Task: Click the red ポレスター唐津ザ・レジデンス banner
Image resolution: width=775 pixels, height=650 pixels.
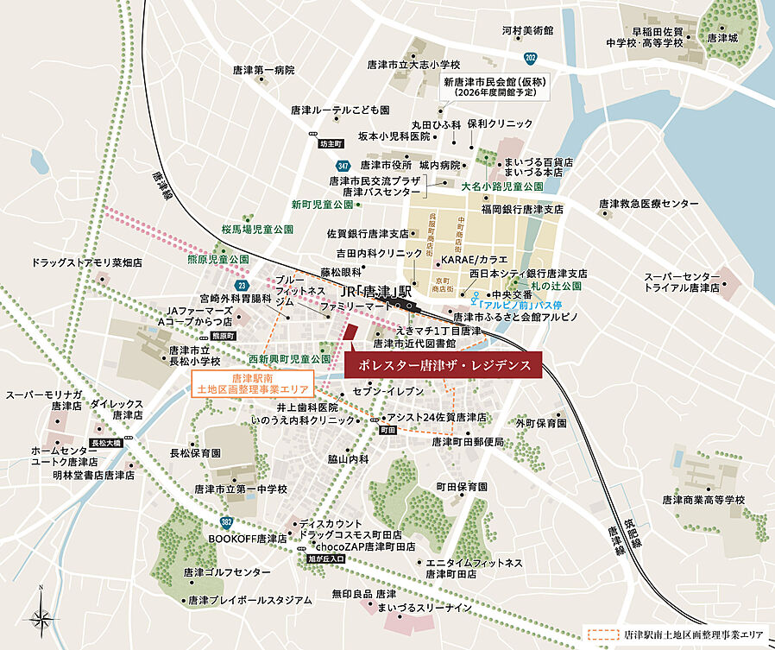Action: [443, 365]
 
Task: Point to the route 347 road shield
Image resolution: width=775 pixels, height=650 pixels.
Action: [343, 164]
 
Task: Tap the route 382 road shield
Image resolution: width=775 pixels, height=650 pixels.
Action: [226, 522]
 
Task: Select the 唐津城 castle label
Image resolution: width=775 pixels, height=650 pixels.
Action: [721, 38]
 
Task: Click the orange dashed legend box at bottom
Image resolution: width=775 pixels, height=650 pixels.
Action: [601, 634]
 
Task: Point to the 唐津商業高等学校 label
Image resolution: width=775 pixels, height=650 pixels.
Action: [703, 500]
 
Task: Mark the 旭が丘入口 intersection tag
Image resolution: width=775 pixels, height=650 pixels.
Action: [325, 559]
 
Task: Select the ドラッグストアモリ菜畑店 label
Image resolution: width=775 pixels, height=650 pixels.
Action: [87, 262]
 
